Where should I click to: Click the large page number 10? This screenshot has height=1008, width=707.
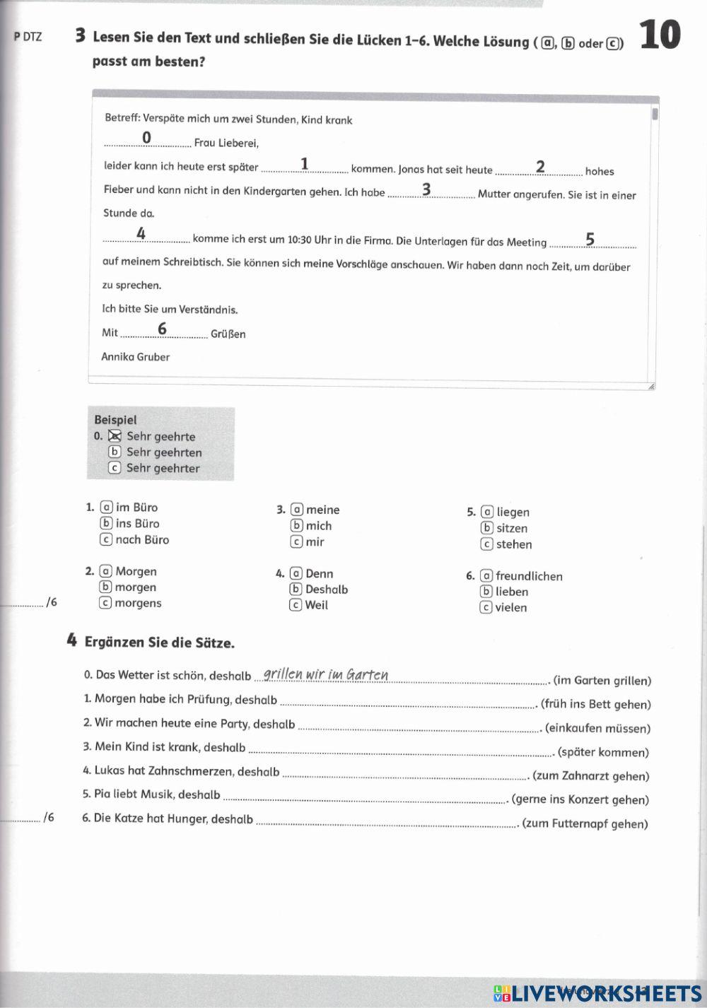660,35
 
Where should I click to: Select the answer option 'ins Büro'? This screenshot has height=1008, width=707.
137,524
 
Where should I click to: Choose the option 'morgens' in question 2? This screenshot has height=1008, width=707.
138,603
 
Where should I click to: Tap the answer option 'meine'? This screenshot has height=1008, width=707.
322,510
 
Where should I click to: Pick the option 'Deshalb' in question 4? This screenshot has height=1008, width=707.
326,590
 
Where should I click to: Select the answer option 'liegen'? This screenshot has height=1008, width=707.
513,512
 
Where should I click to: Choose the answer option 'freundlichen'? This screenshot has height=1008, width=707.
529,576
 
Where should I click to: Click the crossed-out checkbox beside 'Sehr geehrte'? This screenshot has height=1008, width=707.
115,436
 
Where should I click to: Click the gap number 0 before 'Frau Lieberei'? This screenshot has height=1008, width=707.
147,137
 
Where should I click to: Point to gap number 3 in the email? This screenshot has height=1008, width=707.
426,189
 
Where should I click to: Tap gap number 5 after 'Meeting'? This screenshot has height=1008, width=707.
590,240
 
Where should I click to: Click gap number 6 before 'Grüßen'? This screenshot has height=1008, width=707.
163,329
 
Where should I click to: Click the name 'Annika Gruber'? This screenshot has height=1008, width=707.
135,357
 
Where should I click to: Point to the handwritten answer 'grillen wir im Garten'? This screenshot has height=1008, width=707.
326,674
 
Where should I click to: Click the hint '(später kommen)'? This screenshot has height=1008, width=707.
603,752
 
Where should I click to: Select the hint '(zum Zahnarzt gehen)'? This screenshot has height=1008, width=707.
590,775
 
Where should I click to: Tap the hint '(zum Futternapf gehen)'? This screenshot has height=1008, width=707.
585,824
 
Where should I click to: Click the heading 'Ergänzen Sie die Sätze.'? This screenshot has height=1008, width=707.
159,643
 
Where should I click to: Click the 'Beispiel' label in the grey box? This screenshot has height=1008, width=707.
115,420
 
